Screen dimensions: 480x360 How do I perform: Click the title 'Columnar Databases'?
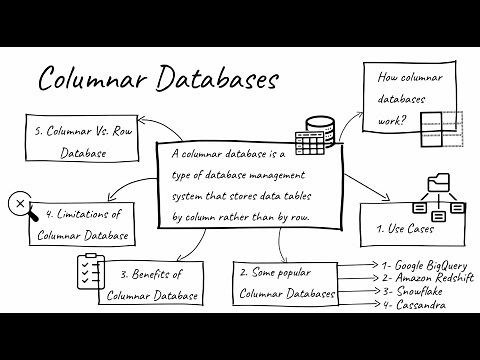pyautogui.click(x=158, y=79)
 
